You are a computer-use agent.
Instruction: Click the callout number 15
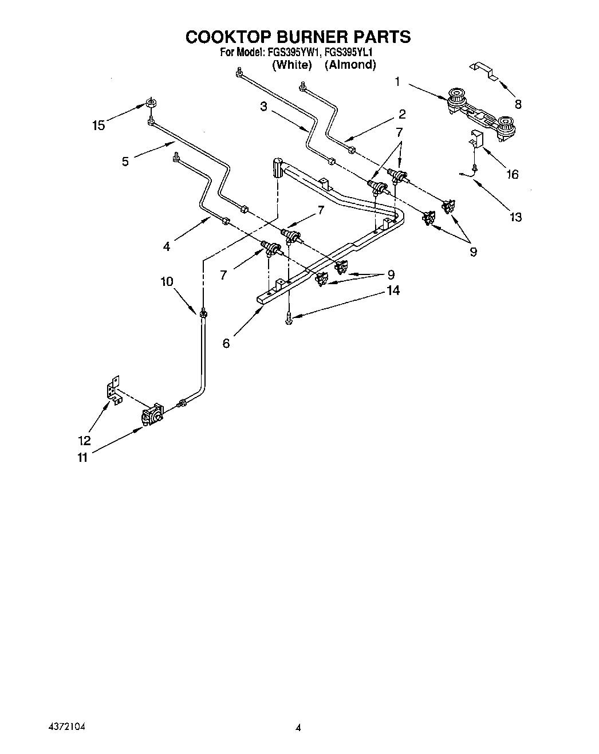tap(98, 125)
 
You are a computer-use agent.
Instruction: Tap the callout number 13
tap(515, 217)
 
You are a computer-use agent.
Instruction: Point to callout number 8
tap(518, 104)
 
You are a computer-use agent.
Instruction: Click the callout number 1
tap(397, 82)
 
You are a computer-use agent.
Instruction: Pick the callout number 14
tap(393, 290)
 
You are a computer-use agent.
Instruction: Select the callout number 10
tap(167, 281)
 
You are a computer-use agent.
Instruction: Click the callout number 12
tap(84, 440)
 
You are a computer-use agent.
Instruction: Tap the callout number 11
tap(82, 457)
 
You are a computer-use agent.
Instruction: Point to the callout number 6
tap(226, 343)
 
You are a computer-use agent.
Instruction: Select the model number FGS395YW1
tap(293, 53)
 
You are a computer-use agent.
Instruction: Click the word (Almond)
tap(350, 65)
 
